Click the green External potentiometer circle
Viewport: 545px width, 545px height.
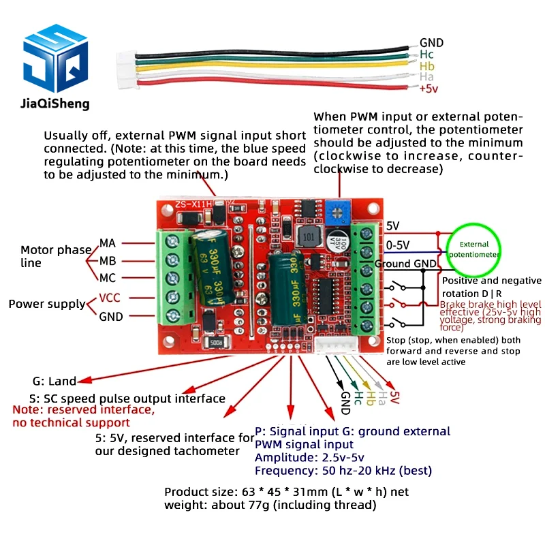(473, 249)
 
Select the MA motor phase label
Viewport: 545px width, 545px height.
(108, 243)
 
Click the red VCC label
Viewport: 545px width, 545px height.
(110, 298)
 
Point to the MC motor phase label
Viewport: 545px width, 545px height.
(108, 279)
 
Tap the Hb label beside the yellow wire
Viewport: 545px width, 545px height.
(427, 66)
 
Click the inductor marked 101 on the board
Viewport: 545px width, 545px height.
(310, 237)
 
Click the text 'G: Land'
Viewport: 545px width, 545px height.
(54, 381)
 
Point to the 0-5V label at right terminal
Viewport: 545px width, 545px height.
(399, 244)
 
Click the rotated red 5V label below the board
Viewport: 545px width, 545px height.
(393, 398)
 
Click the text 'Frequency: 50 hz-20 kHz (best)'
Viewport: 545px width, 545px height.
(343, 471)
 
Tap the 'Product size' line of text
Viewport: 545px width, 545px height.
(286, 492)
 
